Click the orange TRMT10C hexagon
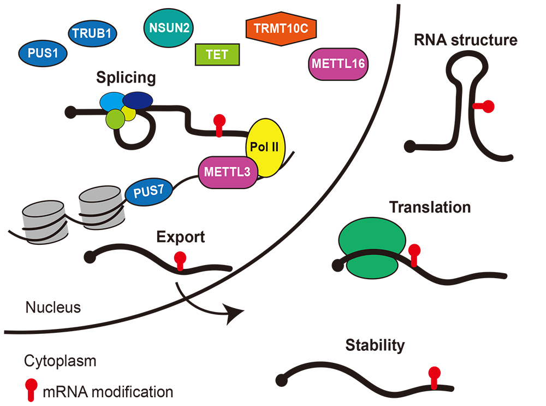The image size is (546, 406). click(281, 28)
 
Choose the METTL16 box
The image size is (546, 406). click(338, 63)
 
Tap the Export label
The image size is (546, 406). click(180, 237)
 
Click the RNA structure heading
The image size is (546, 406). click(465, 40)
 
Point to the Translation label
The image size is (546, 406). click(430, 208)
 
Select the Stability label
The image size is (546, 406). click(375, 345)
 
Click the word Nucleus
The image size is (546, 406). click(53, 308)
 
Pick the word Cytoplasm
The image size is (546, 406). click(60, 362)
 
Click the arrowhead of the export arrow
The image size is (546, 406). click(235, 314)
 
